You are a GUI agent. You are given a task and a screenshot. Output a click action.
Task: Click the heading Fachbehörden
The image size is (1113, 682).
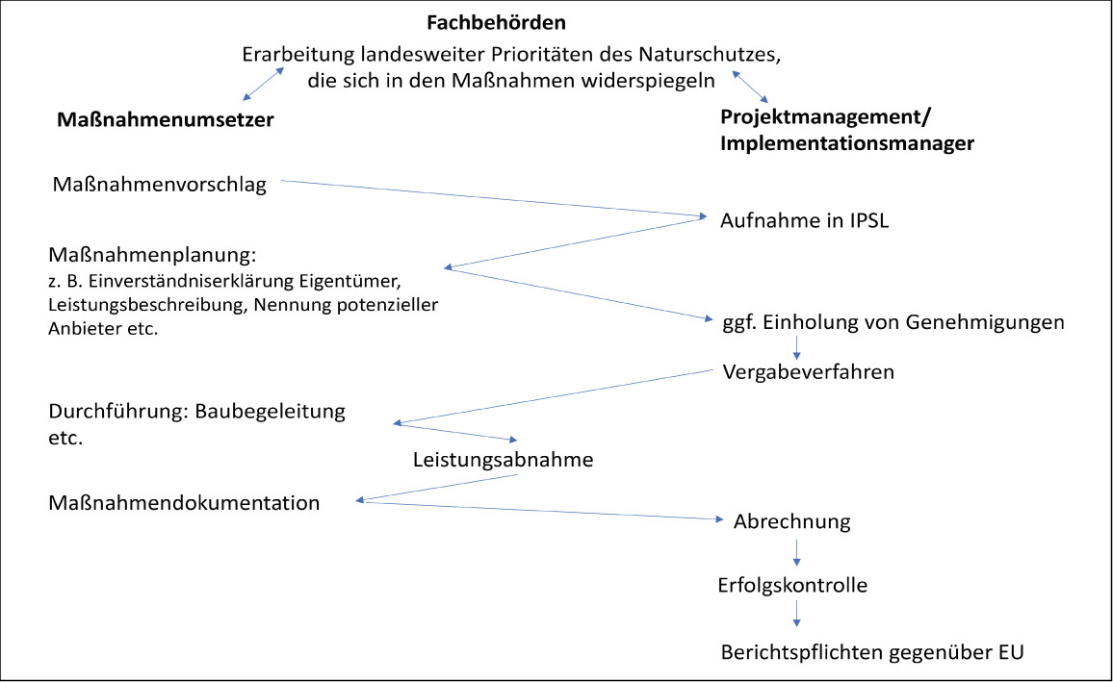click(x=496, y=23)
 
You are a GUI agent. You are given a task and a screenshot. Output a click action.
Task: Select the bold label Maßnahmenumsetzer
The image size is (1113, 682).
click(x=166, y=119)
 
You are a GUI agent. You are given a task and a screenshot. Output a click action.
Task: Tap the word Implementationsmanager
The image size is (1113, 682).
click(x=847, y=143)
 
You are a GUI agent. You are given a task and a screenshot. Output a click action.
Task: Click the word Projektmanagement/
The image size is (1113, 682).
click(x=825, y=116)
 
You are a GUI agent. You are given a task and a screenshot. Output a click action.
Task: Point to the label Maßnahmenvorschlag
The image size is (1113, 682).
click(x=160, y=185)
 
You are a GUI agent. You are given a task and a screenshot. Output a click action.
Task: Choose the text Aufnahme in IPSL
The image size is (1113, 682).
click(x=804, y=220)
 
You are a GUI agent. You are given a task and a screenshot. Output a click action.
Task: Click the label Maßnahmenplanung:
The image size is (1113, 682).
click(x=152, y=255)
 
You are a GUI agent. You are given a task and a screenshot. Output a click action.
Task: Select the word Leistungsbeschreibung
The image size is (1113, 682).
click(x=147, y=305)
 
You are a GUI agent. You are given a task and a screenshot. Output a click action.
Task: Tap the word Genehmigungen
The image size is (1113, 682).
click(x=985, y=322)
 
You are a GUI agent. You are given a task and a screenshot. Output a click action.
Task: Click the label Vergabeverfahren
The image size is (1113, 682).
click(x=809, y=372)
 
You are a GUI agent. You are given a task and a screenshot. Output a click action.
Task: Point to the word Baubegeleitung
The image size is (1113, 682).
click(x=270, y=412)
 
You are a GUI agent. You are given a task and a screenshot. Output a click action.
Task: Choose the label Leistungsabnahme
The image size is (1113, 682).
click(x=504, y=460)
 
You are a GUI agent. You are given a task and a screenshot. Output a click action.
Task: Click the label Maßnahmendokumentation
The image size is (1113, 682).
click(x=184, y=503)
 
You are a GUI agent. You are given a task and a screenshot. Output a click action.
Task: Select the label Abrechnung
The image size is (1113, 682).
click(x=792, y=521)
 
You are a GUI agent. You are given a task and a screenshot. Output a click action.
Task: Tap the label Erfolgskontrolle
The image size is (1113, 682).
click(x=792, y=586)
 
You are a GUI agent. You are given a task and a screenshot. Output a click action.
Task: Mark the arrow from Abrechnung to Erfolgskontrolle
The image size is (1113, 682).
click(x=796, y=553)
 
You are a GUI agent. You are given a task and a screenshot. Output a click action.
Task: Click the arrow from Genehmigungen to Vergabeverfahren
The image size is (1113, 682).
click(x=796, y=347)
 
